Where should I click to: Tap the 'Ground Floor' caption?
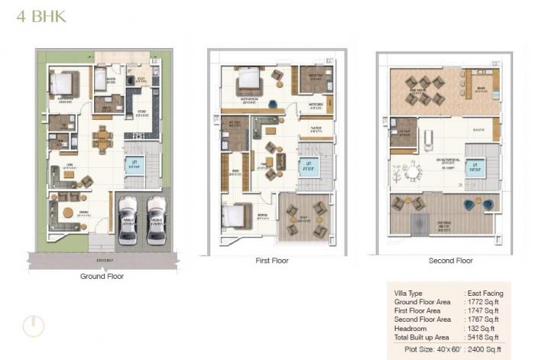click(102, 276)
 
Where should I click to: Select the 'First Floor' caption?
click(271, 261)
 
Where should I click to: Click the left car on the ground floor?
click(128, 219)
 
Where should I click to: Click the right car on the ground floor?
click(156, 219)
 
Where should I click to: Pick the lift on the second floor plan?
click(475, 166)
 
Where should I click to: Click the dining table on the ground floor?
click(102, 140)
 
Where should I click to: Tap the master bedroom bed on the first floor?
click(248, 79)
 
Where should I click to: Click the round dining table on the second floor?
click(413, 174)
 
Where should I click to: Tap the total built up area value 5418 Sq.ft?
click(483, 336)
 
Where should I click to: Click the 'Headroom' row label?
click(411, 328)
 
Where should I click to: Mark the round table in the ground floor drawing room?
click(68, 212)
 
